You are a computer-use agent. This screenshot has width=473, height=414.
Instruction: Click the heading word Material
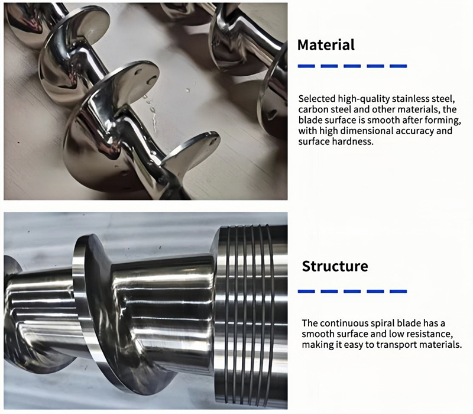(x=326, y=45)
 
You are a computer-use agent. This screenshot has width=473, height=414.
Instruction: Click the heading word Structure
(x=335, y=266)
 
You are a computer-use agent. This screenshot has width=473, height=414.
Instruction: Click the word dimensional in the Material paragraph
(x=366, y=131)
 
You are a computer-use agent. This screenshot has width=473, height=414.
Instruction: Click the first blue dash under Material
(x=306, y=66)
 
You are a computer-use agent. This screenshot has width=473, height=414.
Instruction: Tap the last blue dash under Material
(x=398, y=66)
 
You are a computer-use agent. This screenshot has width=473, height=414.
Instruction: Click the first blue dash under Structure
(x=306, y=291)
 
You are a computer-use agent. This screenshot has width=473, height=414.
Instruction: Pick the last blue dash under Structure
(x=398, y=291)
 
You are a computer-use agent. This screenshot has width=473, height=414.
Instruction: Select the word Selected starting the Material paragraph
(x=317, y=99)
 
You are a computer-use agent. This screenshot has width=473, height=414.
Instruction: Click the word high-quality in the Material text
(x=363, y=99)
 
